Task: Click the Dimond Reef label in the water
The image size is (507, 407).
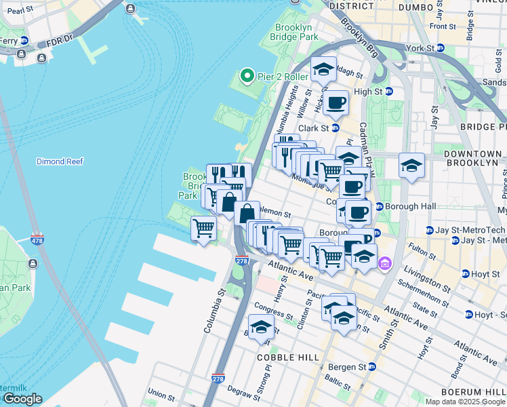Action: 61,161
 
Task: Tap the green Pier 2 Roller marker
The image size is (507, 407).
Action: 247,76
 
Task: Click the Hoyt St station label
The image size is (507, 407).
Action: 483,273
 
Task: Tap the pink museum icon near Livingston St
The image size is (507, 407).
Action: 384,263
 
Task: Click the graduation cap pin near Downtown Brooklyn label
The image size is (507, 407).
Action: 411,166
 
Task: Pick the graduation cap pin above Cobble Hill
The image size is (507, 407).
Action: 261,328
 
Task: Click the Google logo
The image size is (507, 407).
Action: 22,399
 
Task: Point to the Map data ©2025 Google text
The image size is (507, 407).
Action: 465,401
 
